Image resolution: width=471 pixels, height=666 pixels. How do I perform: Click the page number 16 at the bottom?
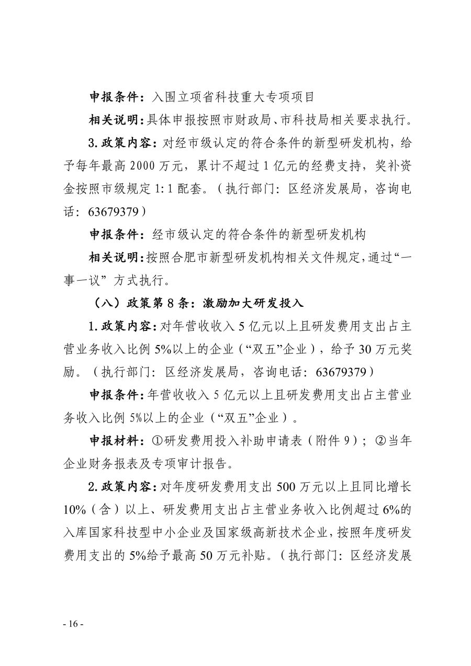click(73, 625)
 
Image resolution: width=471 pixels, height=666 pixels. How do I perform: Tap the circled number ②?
click(380, 441)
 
